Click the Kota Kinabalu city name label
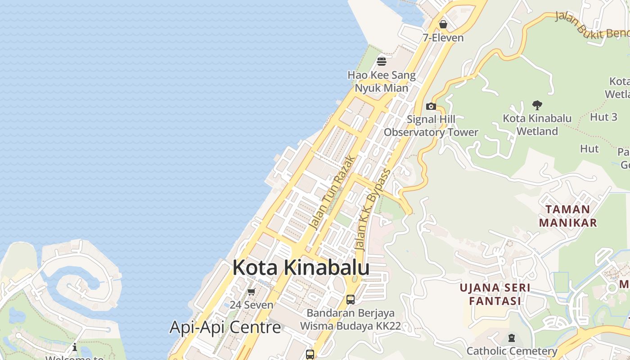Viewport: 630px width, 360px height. click(x=301, y=267)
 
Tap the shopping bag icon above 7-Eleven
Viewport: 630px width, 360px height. click(x=443, y=24)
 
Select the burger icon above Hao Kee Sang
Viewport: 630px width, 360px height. click(x=382, y=61)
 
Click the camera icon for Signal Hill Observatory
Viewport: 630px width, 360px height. click(x=431, y=107)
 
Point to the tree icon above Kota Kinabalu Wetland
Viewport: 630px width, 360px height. click(x=537, y=106)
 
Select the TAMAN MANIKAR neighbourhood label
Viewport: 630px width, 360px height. click(x=568, y=216)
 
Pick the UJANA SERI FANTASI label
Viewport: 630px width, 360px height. click(x=495, y=294)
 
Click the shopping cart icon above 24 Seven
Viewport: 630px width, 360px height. click(x=252, y=292)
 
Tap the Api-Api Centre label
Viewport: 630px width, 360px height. click(x=225, y=327)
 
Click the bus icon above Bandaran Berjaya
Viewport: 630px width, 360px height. click(x=351, y=299)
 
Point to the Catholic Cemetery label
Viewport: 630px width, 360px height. click(x=512, y=351)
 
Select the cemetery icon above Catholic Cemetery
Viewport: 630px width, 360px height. click(x=511, y=338)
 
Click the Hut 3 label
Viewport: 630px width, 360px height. click(x=603, y=117)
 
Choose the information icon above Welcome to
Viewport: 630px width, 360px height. click(x=75, y=347)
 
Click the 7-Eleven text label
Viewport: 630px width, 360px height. click(x=443, y=38)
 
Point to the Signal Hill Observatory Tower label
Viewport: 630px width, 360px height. click(x=431, y=126)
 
